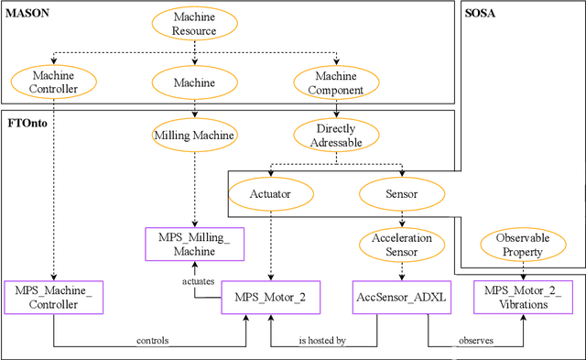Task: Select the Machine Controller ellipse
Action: click(54, 82)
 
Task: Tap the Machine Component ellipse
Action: click(337, 82)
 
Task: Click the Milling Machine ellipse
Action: click(194, 136)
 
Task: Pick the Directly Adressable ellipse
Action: click(337, 136)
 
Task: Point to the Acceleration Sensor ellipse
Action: click(402, 245)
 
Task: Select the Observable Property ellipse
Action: click(522, 245)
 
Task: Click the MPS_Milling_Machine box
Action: click(194, 244)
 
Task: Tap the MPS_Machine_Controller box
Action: click(54, 297)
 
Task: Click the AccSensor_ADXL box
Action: click(401, 297)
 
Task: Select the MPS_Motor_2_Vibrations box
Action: click(522, 297)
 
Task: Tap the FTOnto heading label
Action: click(27, 121)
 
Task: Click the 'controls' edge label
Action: click(152, 340)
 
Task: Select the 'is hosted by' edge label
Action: click(321, 340)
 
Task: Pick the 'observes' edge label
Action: click(477, 340)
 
